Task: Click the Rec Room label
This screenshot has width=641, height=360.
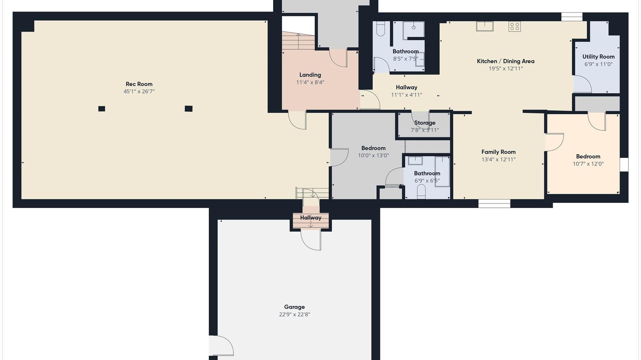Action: [x=139, y=84]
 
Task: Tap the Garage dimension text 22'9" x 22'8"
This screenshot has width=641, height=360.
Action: [x=294, y=314]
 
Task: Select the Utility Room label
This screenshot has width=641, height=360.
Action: [x=598, y=57]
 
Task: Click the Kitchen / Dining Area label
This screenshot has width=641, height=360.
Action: [x=505, y=61]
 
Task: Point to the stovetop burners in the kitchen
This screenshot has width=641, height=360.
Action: [x=514, y=26]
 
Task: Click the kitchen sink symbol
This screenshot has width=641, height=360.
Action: [x=485, y=26]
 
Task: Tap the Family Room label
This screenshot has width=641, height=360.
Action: [x=498, y=152]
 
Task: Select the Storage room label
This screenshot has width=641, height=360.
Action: [x=425, y=123]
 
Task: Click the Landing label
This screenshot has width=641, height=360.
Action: [x=310, y=75]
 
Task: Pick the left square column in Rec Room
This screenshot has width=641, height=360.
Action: [x=102, y=108]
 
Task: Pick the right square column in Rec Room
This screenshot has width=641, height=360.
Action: [x=189, y=108]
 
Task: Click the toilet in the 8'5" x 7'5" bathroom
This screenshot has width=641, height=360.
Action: [x=381, y=29]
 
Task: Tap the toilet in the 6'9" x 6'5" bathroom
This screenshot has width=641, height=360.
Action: [x=421, y=193]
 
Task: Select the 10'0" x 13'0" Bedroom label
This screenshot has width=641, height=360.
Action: [x=373, y=148]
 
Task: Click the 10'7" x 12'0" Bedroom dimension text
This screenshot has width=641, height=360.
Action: [x=588, y=164]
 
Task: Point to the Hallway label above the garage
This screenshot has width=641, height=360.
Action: [x=310, y=218]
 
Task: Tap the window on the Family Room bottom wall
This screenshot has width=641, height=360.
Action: [x=494, y=203]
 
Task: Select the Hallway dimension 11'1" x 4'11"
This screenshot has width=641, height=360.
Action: [x=407, y=95]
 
